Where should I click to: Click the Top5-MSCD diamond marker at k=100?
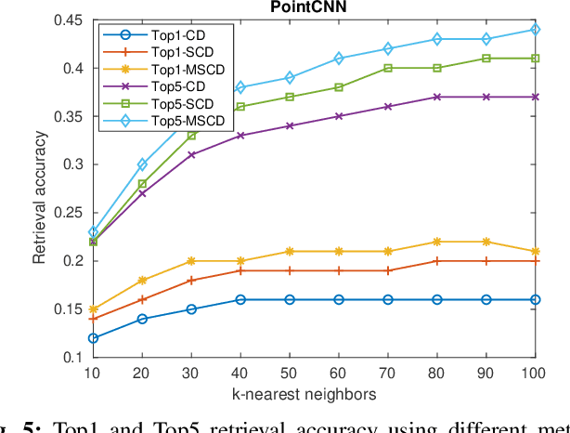(x=536, y=29)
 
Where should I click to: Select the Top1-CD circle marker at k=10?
(x=93, y=338)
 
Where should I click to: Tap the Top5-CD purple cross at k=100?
(x=536, y=97)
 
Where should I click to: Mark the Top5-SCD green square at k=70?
(x=388, y=68)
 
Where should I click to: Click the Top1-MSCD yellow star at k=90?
(x=486, y=242)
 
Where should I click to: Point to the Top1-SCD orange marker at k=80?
(x=437, y=261)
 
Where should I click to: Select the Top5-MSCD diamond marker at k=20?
(x=142, y=164)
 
